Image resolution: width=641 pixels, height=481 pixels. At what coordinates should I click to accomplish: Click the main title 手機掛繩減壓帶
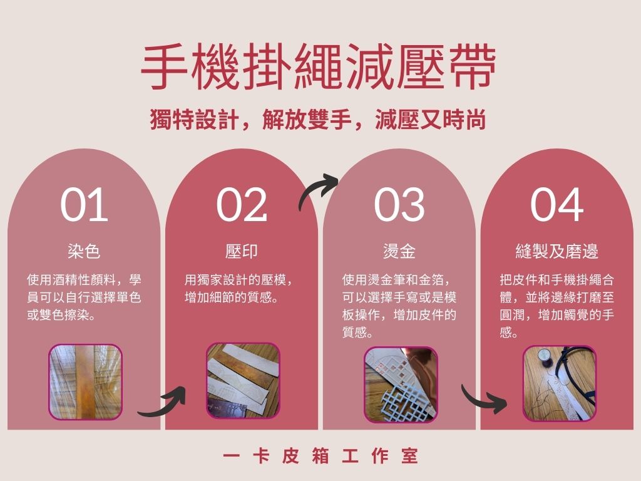click(x=318, y=67)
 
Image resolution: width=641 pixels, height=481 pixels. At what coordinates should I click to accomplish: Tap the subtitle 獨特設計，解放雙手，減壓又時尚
click(x=318, y=120)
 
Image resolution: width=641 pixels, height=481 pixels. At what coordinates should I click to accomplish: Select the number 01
click(x=85, y=205)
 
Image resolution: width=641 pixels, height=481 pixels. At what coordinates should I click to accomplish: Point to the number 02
click(x=242, y=205)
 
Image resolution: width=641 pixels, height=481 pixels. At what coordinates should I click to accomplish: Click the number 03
click(x=399, y=205)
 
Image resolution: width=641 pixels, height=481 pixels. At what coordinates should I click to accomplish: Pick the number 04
click(x=556, y=205)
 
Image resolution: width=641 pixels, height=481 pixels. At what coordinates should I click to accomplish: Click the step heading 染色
click(x=85, y=251)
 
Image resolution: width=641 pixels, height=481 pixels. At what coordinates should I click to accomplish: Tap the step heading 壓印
click(x=242, y=251)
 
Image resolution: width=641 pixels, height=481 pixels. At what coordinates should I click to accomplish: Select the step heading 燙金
click(x=399, y=251)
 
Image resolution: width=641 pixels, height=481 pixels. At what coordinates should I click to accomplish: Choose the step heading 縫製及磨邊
click(x=556, y=251)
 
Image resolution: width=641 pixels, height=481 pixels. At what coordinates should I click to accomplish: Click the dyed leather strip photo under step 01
click(x=85, y=382)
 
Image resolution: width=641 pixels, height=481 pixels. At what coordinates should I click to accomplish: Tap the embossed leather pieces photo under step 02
click(x=243, y=381)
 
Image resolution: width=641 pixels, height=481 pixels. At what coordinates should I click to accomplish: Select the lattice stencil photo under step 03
click(x=401, y=385)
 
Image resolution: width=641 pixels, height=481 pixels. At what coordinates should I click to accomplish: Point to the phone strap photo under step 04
click(x=559, y=383)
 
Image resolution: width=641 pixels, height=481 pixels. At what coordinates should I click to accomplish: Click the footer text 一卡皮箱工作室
click(x=320, y=456)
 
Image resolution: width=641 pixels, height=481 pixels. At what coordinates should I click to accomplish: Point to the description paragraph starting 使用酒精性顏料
click(x=85, y=297)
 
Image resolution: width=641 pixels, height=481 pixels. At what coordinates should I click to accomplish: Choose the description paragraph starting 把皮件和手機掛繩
click(x=556, y=306)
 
